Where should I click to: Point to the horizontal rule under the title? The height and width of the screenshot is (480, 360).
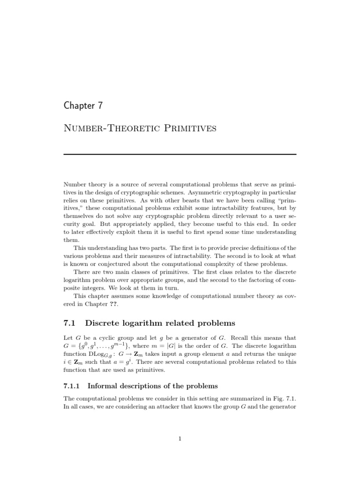pos(180,154)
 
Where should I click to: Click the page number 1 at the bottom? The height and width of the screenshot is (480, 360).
pos(180,439)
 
